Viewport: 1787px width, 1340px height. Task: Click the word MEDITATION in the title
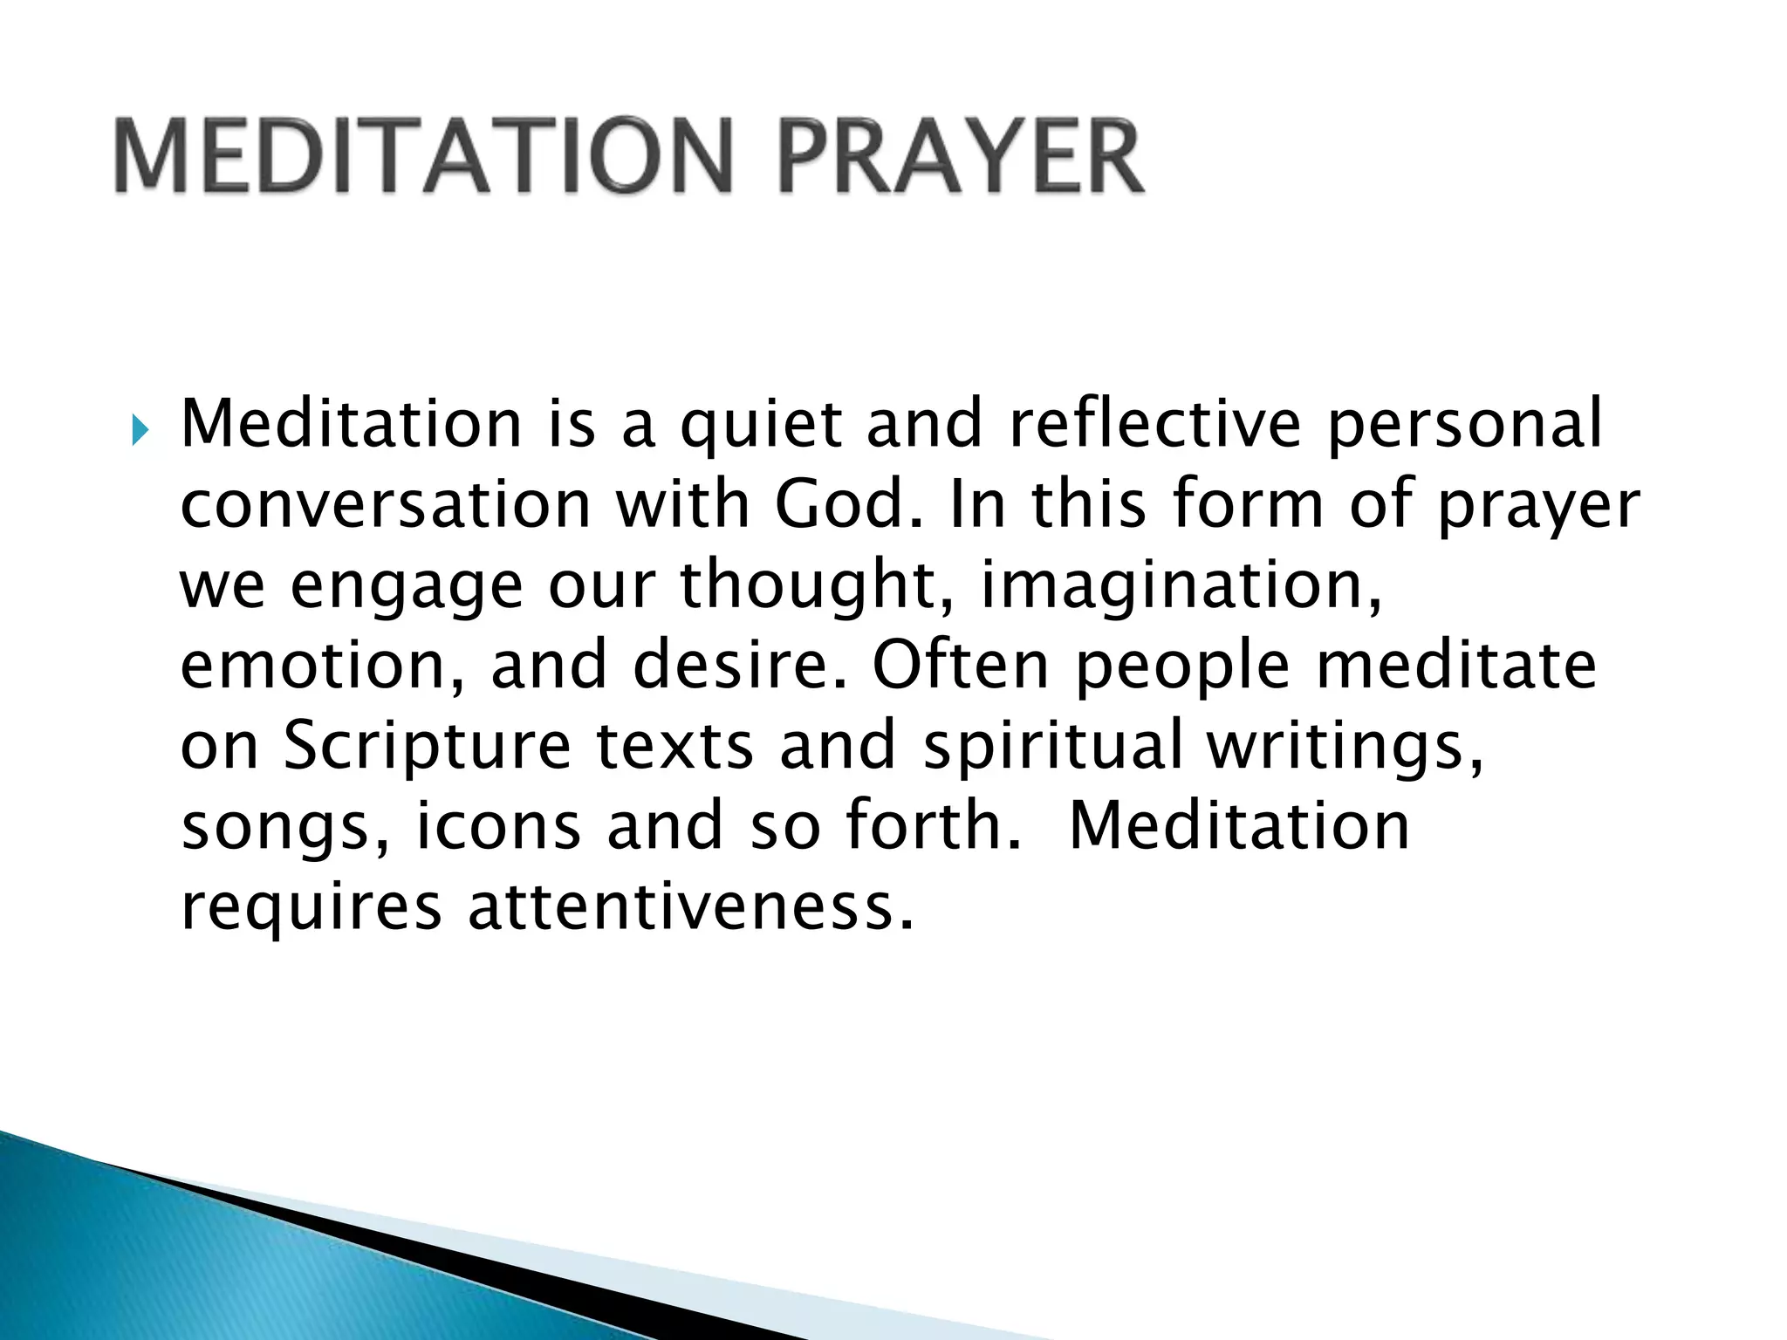pyautogui.click(x=422, y=157)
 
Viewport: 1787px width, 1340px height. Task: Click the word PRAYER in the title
pyautogui.click(x=960, y=157)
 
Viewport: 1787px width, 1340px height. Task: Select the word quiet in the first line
pyautogui.click(x=761, y=425)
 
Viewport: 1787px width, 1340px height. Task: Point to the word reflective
pyautogui.click(x=1154, y=423)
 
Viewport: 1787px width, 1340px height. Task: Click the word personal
pyautogui.click(x=1464, y=425)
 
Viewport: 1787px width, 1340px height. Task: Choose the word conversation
pyautogui.click(x=386, y=505)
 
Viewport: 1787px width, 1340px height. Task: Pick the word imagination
pyautogui.click(x=1180, y=586)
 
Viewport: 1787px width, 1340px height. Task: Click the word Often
pyautogui.click(x=960, y=665)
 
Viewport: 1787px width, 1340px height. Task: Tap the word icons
pyautogui.click(x=497, y=826)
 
